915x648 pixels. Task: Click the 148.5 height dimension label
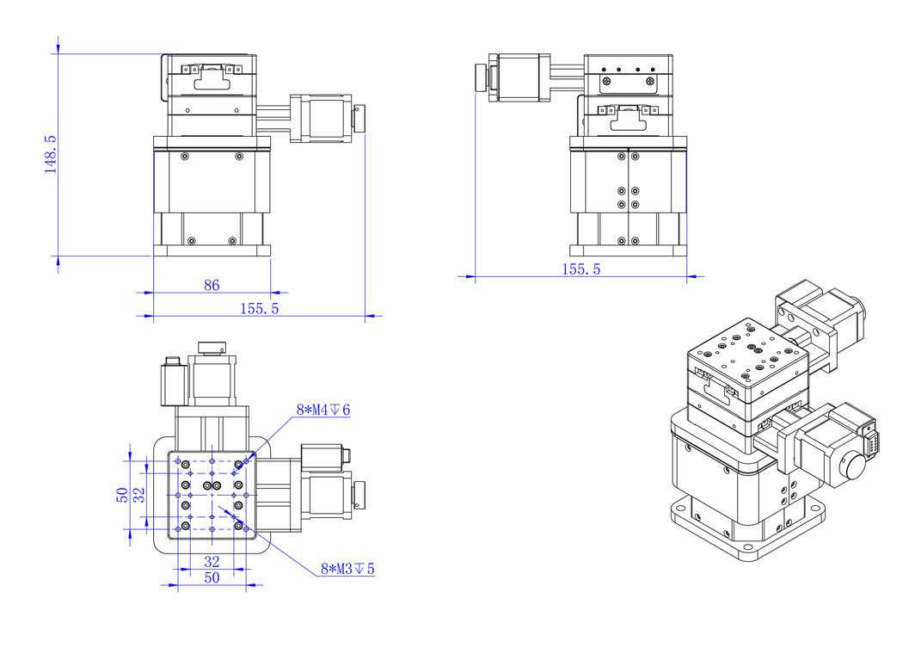pos(50,154)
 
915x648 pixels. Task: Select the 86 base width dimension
pos(212,285)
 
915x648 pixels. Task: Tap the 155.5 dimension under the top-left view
pos(258,309)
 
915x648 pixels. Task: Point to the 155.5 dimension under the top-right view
pos(580,269)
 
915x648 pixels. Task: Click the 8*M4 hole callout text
pos(322,410)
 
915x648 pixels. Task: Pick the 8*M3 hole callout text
pos(347,569)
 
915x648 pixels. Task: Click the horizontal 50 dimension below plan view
pos(211,578)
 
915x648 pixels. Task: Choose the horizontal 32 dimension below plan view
pos(211,561)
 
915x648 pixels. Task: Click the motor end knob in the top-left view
pos(359,119)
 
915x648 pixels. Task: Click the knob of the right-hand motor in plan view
pos(358,495)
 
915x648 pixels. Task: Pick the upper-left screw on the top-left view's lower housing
pos(185,157)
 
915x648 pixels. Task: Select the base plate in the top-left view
pos(212,251)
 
